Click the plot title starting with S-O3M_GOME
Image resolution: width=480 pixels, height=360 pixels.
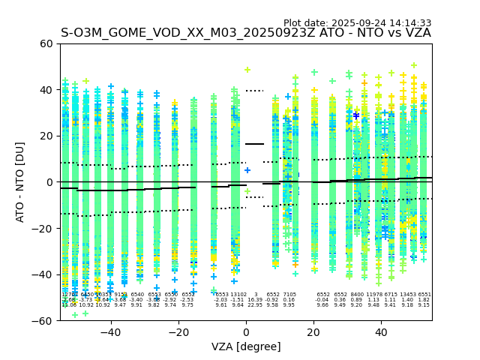246,33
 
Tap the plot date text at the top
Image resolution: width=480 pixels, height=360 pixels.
357,23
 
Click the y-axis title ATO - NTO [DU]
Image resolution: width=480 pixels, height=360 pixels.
20,182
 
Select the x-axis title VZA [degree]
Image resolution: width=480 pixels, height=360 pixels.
246,346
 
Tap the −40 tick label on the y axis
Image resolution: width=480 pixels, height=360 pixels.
43,274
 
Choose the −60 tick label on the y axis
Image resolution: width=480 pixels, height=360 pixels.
43,321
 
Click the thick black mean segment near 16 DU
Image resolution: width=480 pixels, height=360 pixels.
255,144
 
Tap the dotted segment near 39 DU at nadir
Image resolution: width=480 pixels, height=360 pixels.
255,91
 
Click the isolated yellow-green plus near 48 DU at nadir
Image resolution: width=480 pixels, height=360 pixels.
247,70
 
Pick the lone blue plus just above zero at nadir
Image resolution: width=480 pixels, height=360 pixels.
247,170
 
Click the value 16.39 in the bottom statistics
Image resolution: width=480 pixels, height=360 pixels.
256,300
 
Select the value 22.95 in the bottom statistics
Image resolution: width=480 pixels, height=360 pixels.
256,305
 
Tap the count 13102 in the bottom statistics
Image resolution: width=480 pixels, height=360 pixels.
238,295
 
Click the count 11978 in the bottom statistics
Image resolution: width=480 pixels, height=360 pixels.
374,295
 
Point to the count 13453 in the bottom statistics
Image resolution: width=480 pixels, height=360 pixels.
408,295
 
